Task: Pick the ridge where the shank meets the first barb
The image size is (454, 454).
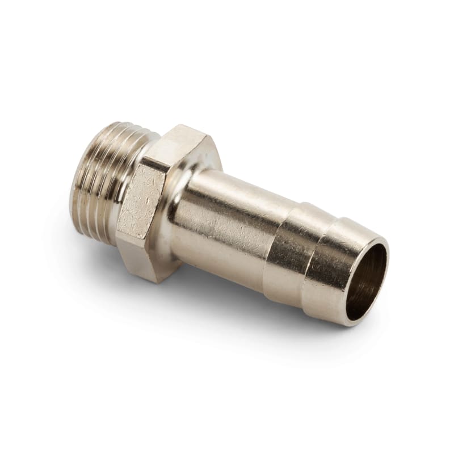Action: click(267, 238)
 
